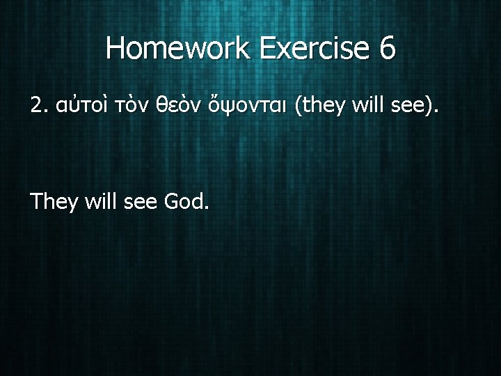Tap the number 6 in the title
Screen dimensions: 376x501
coord(387,48)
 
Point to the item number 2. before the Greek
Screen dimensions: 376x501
coord(40,106)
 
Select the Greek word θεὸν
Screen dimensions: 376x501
coord(170,107)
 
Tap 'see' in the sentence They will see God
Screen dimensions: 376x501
coord(141,203)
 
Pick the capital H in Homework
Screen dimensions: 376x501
coord(116,48)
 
